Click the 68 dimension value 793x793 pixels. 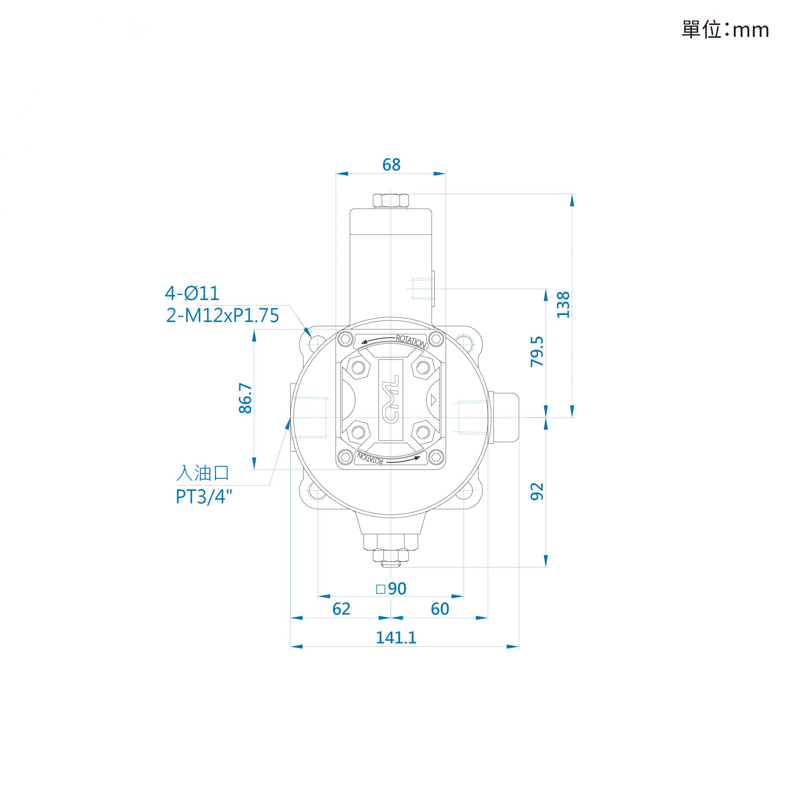[x=391, y=165]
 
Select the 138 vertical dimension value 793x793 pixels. [x=563, y=305]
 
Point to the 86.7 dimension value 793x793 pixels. [x=245, y=398]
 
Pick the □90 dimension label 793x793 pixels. [x=391, y=588]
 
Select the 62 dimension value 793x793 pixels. [x=342, y=609]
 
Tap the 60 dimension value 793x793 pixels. [x=440, y=609]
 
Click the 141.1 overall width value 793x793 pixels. [x=396, y=638]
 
